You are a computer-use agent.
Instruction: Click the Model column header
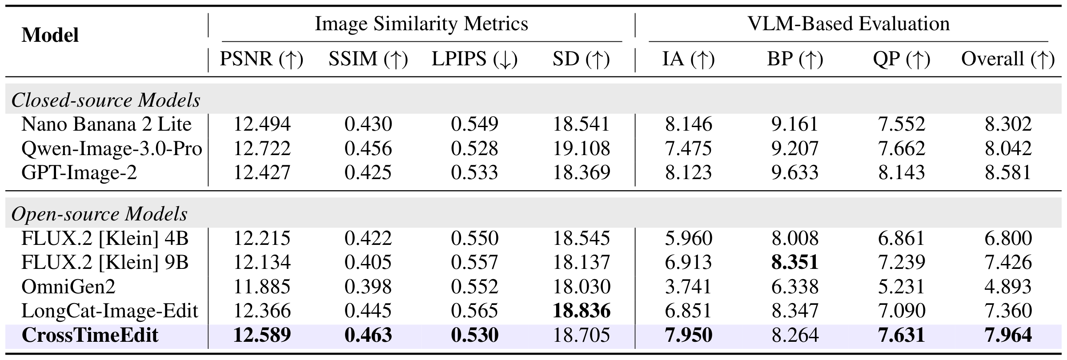coord(50,35)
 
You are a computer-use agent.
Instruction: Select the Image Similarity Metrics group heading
coord(421,24)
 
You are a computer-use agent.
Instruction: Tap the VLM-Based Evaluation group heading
coord(849,24)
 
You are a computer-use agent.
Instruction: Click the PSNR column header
coord(261,59)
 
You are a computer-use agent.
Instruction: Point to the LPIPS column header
coord(475,59)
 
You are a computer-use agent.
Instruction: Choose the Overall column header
coord(1008,59)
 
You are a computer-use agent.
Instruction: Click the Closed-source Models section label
coord(106,100)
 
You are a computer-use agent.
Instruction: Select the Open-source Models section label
coord(99,214)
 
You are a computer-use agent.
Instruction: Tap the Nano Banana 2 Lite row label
coord(106,124)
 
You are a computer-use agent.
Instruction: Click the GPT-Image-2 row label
coord(79,172)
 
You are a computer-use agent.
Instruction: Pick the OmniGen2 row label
coord(68,286)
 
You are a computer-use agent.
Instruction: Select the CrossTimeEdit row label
coord(90,335)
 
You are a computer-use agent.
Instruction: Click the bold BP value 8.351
coord(795,262)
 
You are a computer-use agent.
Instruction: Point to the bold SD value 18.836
coord(582,311)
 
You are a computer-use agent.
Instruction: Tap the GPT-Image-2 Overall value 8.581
coord(1008,172)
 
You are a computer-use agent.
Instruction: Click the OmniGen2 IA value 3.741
coord(688,287)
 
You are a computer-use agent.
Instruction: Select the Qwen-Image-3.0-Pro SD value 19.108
coord(582,148)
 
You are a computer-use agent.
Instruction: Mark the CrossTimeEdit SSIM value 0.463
coord(368,335)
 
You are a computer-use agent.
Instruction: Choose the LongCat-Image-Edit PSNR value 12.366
coord(261,311)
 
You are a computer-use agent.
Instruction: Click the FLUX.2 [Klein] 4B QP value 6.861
coord(902,238)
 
